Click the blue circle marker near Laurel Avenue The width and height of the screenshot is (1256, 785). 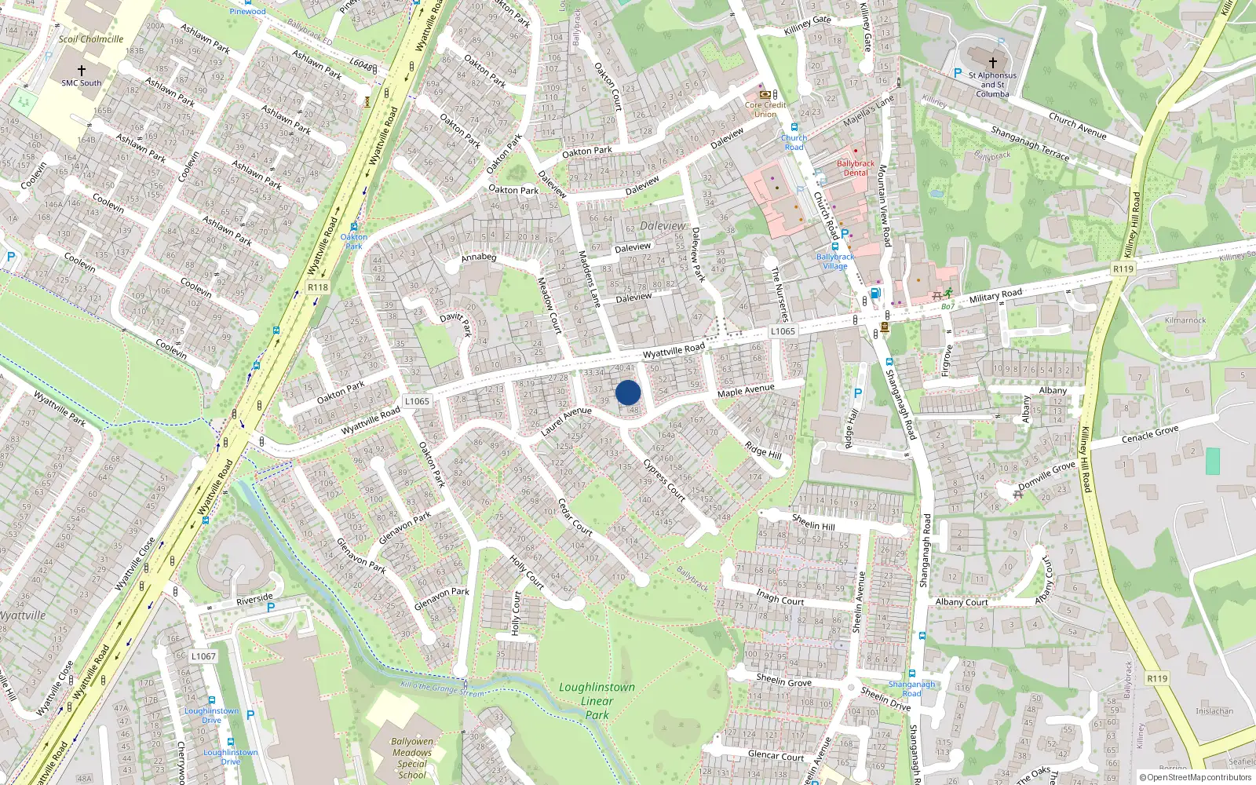628,392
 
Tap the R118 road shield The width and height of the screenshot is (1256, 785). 318,287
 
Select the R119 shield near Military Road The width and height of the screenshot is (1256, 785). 1123,268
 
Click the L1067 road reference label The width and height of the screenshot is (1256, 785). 203,656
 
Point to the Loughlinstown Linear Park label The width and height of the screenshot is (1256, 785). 597,700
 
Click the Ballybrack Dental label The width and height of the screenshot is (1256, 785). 856,168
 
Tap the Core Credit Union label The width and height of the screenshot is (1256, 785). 765,109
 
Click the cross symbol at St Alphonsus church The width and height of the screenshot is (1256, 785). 992,62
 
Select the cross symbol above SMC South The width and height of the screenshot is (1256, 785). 81,71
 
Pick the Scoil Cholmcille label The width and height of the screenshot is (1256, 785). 91,39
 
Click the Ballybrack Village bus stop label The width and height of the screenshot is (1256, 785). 835,261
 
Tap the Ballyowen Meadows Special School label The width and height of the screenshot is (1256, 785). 412,758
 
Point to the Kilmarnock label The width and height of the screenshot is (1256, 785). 1185,320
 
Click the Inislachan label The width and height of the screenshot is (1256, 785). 1214,711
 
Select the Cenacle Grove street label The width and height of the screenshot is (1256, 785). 1150,434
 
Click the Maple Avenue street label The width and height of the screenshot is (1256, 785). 746,390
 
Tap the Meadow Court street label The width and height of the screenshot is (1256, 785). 549,305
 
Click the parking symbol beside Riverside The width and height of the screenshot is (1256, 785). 271,608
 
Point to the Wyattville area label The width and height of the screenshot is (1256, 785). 22,615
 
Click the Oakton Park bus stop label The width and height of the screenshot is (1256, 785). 354,241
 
